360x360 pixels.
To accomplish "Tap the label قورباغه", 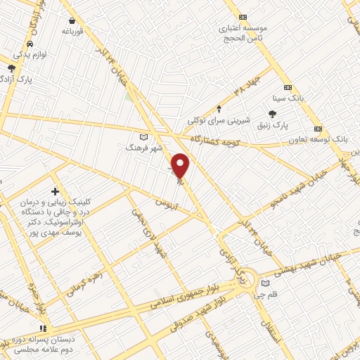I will [72, 31].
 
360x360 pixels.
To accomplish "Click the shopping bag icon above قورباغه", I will [72, 20].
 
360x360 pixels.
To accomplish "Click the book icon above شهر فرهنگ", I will [143, 136].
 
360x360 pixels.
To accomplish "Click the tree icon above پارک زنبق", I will [273, 114].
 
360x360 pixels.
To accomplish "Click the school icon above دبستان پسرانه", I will [44, 328].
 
